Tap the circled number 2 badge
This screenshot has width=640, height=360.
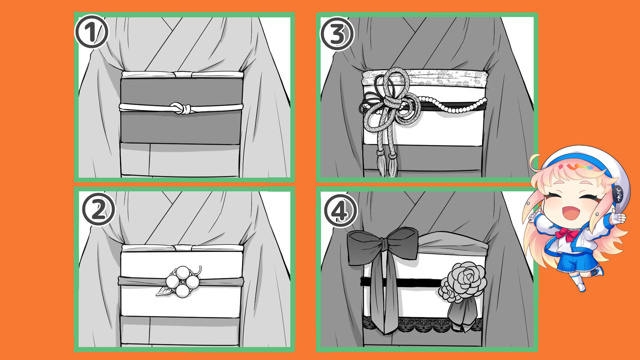point(98,210)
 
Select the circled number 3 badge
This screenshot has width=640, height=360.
point(337,34)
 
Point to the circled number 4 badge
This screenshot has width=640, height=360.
point(340,211)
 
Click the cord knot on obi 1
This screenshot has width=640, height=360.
point(181,108)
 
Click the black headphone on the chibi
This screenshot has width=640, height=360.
point(618,194)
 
